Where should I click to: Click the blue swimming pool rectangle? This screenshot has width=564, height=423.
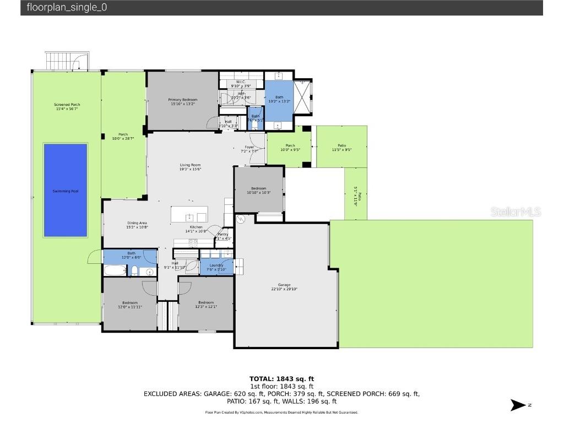point(66,190)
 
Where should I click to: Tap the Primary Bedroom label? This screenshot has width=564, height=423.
point(182,100)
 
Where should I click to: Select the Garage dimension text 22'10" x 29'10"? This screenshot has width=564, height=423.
point(284,289)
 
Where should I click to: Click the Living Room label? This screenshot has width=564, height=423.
point(190,165)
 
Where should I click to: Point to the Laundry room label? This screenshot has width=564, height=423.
point(216,265)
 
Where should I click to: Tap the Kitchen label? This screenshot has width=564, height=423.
point(196,227)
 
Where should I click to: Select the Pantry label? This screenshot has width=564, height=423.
point(223,234)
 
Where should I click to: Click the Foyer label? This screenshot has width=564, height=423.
point(250,147)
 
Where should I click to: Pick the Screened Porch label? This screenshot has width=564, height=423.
point(67,105)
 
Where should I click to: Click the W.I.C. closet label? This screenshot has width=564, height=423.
point(241,82)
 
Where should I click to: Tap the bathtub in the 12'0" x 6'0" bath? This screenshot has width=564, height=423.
point(115,270)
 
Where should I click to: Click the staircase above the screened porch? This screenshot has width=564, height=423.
point(66,61)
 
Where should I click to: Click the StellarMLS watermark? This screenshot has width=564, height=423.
point(516,211)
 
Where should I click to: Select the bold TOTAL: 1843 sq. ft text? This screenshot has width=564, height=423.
point(281,379)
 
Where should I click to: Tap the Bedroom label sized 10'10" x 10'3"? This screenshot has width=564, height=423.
point(258,188)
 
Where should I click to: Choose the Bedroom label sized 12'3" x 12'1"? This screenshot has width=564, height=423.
point(205,302)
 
